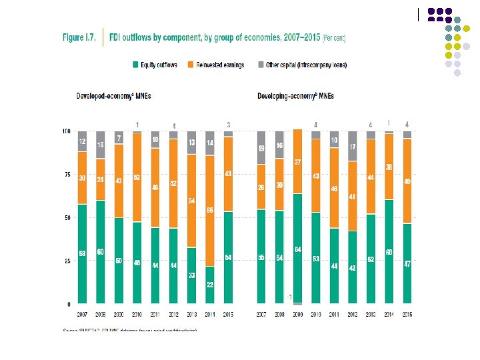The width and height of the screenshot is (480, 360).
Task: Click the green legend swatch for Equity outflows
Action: pos(135,65)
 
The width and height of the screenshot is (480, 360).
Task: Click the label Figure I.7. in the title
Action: pos(79,38)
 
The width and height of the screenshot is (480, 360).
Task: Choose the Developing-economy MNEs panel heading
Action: pos(295,96)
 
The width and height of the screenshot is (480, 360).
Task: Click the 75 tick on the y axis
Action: pos(67,175)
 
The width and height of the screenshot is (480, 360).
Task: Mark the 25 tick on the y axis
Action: pos(67,261)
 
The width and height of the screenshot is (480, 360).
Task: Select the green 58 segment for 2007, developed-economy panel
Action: pos(83,254)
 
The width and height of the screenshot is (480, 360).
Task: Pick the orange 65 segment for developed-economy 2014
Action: pos(209,211)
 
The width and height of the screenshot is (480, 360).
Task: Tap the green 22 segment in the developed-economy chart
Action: pos(209,285)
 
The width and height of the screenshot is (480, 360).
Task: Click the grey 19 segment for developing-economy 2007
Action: pos(261,148)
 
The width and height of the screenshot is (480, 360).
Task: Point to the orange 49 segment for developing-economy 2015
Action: pos(407,181)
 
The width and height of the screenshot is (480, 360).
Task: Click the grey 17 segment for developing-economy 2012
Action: pos(352,147)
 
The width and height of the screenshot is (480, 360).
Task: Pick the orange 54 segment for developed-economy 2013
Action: pos(191,201)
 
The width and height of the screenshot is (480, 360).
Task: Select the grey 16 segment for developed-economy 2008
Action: pos(101,145)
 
